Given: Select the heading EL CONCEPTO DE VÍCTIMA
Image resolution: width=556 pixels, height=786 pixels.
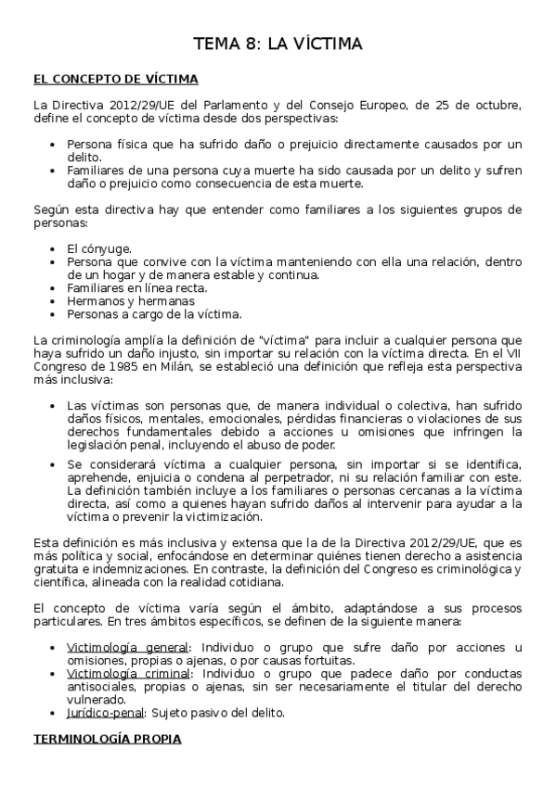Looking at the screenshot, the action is [x=114, y=79].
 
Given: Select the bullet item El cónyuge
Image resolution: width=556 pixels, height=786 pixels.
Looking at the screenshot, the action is [x=99, y=249].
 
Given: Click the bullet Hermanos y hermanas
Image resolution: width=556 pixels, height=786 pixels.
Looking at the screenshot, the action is [x=117, y=301].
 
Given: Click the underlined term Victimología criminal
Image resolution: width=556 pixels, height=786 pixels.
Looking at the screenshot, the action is [x=129, y=673].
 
